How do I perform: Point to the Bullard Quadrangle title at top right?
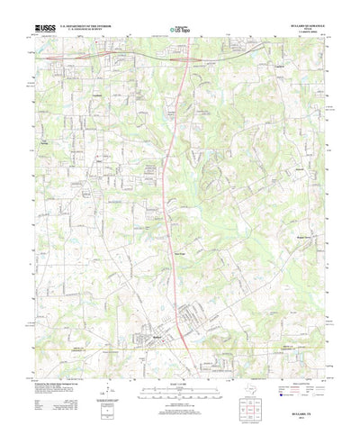point(301,27)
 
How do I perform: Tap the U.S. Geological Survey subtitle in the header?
point(85,32)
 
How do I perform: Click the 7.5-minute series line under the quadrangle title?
point(301,34)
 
